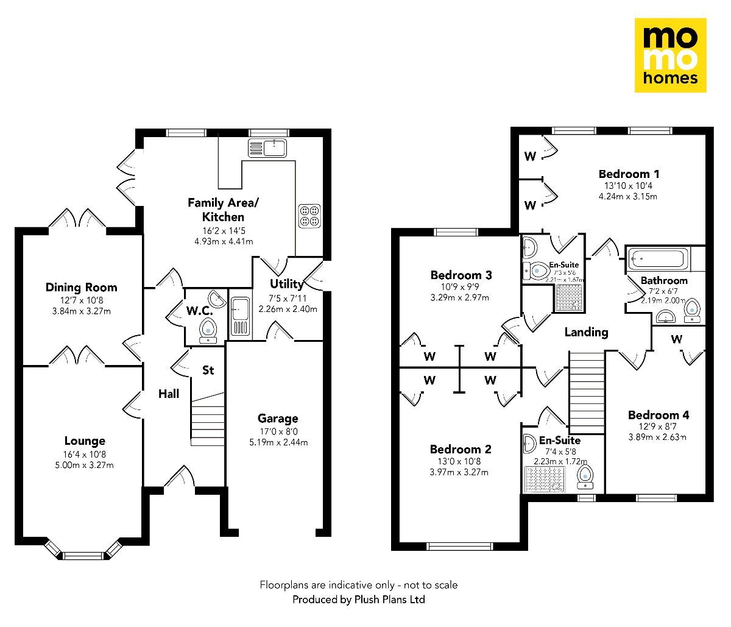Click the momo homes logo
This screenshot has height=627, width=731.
670,55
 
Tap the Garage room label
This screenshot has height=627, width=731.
278,418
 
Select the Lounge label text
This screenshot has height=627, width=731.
85,441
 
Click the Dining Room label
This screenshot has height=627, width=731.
81,287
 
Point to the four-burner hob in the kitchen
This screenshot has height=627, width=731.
309,216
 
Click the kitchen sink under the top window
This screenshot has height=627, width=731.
267,147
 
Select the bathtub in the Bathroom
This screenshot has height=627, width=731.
658,259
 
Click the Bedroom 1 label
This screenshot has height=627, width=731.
629,174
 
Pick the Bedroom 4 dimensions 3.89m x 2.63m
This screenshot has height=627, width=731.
659,436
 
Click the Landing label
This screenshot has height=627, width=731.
586,331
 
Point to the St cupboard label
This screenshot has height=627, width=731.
208,370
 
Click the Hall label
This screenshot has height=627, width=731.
169,394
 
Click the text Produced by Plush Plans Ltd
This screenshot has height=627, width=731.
358,600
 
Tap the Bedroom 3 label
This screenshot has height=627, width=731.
461,275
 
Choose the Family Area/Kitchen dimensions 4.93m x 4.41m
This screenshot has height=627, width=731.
219,241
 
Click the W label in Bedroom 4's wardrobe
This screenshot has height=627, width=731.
676,339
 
